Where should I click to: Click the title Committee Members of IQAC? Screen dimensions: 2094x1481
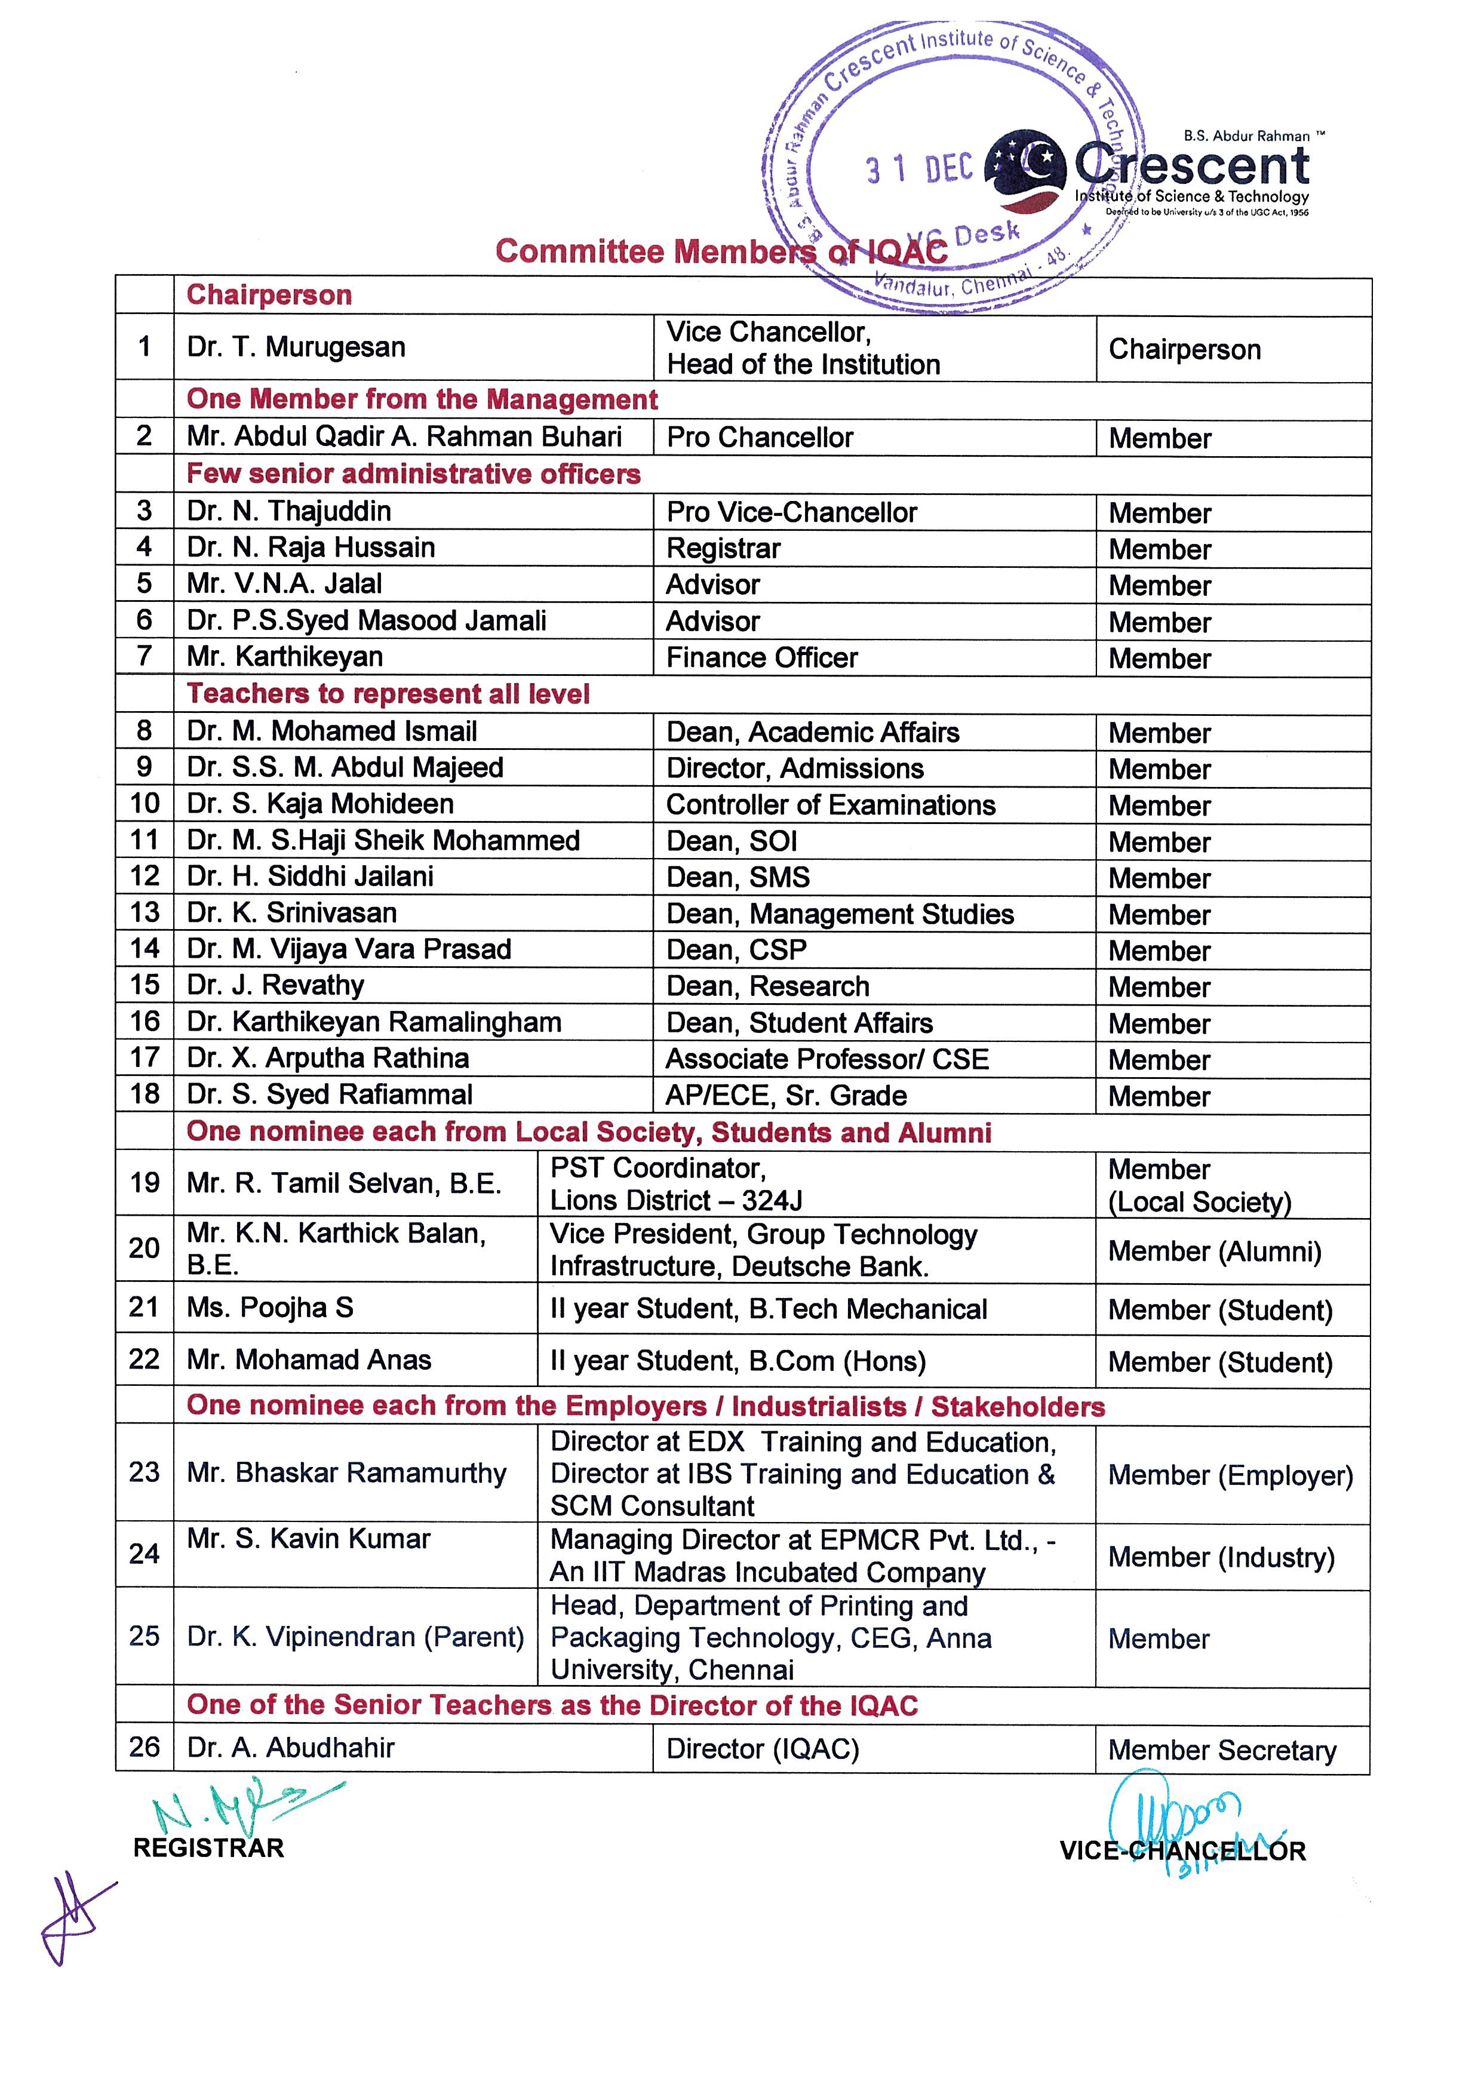tap(720, 251)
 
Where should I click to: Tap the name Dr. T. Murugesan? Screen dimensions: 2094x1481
tap(296, 348)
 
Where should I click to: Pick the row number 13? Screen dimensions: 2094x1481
tap(144, 913)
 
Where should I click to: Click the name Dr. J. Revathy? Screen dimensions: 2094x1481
tap(275, 986)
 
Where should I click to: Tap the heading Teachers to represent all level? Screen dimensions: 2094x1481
tap(389, 694)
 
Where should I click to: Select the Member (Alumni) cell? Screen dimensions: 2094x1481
tap(1215, 1252)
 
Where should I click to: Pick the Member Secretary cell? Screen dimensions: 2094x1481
tap(1222, 1750)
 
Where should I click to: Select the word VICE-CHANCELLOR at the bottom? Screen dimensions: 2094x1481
tap(1183, 1850)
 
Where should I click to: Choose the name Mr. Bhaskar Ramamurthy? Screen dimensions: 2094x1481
tap(346, 1473)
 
